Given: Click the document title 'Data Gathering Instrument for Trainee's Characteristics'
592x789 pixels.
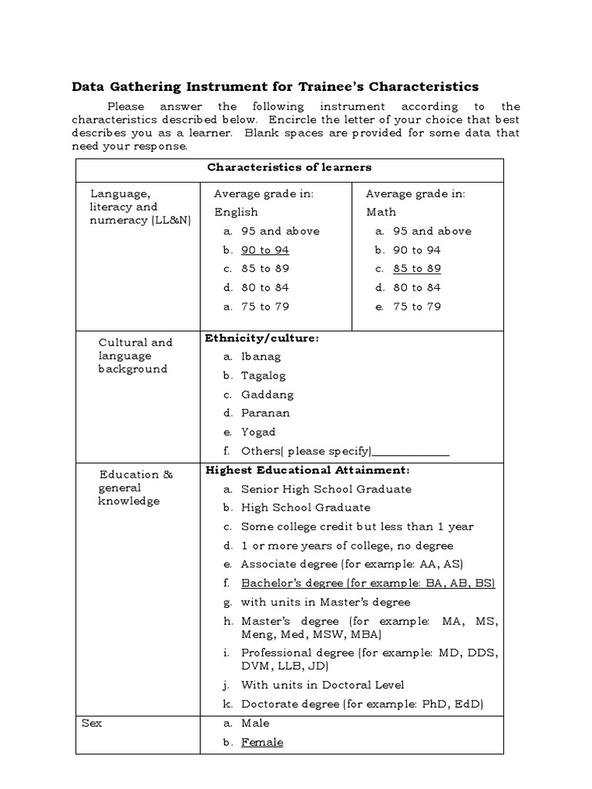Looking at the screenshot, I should [275, 86].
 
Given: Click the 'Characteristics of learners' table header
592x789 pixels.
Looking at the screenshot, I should [289, 167].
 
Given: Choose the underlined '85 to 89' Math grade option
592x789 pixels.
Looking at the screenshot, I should [416, 269].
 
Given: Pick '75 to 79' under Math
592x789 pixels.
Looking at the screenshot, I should [416, 307].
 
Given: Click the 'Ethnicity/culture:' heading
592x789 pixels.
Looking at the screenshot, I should [261, 337].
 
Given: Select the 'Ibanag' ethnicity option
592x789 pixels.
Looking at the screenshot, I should [261, 357].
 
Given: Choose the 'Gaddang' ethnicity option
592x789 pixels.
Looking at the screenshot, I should [267, 394].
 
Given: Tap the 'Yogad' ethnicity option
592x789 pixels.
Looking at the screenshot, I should [257, 432].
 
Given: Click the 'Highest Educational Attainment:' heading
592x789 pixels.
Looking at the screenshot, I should [307, 470].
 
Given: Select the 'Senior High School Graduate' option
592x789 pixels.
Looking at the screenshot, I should [326, 489].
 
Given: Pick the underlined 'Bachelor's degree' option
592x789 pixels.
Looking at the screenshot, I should [368, 583].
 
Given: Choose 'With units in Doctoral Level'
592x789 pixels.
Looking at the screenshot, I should [322, 685].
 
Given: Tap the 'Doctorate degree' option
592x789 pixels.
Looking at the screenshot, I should [362, 704].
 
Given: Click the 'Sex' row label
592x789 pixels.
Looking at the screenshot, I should [92, 724].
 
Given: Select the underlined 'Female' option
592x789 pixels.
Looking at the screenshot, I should [261, 742].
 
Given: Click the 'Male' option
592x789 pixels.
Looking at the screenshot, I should [255, 724].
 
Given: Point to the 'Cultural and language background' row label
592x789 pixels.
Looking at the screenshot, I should [133, 355].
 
